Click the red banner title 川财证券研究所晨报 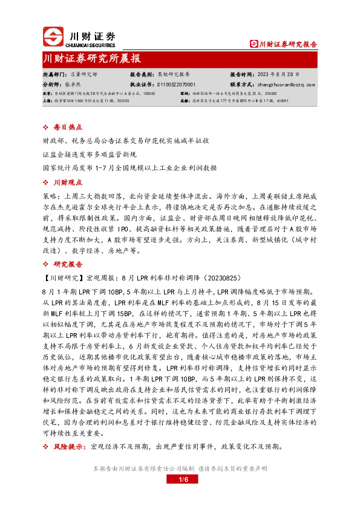point(92,59)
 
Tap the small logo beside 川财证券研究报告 point(254,44)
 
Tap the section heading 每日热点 point(65,128)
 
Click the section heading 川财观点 point(65,182)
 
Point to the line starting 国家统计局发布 point(129,167)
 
